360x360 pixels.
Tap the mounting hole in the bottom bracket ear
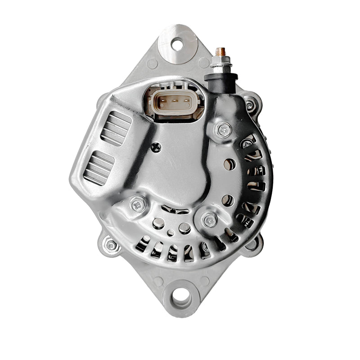[x=181, y=296]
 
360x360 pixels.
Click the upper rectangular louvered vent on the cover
[x=116, y=128]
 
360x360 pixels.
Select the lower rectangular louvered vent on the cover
[x=99, y=167]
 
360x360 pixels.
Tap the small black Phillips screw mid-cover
[x=157, y=146]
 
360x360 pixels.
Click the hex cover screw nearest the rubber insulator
[x=224, y=130]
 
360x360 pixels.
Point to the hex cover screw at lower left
[x=138, y=205]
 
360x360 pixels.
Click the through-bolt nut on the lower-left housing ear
[x=110, y=245]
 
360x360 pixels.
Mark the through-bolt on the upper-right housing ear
[x=250, y=105]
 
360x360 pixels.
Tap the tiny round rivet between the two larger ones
[x=171, y=233]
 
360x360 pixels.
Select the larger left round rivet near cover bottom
[x=158, y=223]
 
